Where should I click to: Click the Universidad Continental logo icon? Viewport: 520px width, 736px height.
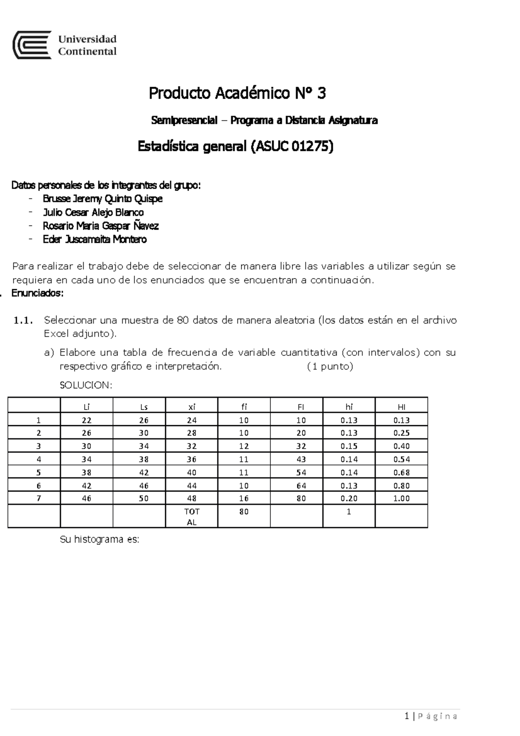(32, 45)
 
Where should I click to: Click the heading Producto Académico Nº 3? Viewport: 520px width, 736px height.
(237, 93)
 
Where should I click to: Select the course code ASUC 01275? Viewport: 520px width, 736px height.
(292, 147)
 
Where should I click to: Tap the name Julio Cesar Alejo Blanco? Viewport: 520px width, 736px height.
(93, 212)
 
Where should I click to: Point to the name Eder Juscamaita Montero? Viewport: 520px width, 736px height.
(94, 239)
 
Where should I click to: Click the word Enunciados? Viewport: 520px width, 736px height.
(37, 293)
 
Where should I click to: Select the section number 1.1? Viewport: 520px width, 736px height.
(23, 321)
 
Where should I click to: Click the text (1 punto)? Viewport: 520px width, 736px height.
(330, 367)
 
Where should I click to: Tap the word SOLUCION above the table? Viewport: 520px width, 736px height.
(85, 385)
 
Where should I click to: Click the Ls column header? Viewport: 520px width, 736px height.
(144, 407)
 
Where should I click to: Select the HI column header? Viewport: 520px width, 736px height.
(401, 407)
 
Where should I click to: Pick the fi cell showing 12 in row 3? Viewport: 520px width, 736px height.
(244, 446)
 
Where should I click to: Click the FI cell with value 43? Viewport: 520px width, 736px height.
(301, 459)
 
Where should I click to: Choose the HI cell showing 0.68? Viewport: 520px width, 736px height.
(401, 472)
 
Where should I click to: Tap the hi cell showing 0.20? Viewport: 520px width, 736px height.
(349, 498)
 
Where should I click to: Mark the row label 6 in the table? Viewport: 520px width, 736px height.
(39, 485)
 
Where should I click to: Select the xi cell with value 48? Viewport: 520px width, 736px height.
(192, 498)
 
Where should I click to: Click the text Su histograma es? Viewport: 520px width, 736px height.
(99, 540)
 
